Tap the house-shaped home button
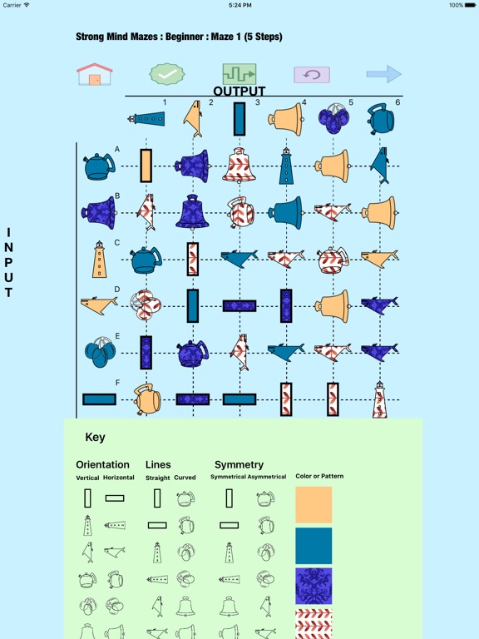pos(95,74)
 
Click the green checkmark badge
pos(167,74)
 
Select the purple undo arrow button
pos(312,75)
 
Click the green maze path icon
pos(239,74)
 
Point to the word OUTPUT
pos(239,92)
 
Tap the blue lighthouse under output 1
pos(146,120)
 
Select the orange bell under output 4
pos(286,120)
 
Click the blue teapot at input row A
pos(100,166)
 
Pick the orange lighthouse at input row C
pos(100,260)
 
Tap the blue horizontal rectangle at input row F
pos(100,399)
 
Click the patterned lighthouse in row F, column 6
pos(379,399)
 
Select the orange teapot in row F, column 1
pos(147,399)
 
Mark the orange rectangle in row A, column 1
pos(146,166)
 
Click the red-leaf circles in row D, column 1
pos(146,305)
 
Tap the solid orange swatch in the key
pos(314,504)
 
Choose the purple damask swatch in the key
pos(314,586)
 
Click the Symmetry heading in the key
pos(239,465)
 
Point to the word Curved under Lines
pos(185,478)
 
